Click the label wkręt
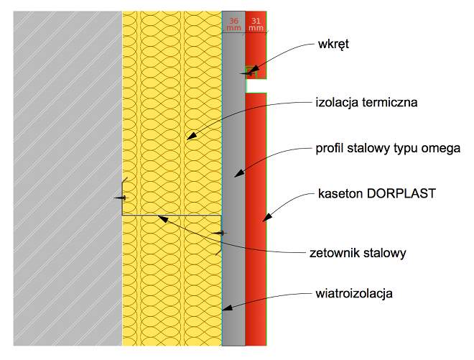pos(333,44)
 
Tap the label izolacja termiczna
pos(366,102)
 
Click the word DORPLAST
pos(401,193)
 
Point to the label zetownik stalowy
pos(358,253)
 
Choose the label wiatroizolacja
pos(354,293)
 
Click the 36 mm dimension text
pos(233,24)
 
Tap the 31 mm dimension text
pos(256,24)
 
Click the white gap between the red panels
pos(256,86)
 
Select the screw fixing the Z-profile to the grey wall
pos(120,198)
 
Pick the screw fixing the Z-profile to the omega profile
pos(219,234)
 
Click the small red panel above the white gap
pos(256,45)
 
